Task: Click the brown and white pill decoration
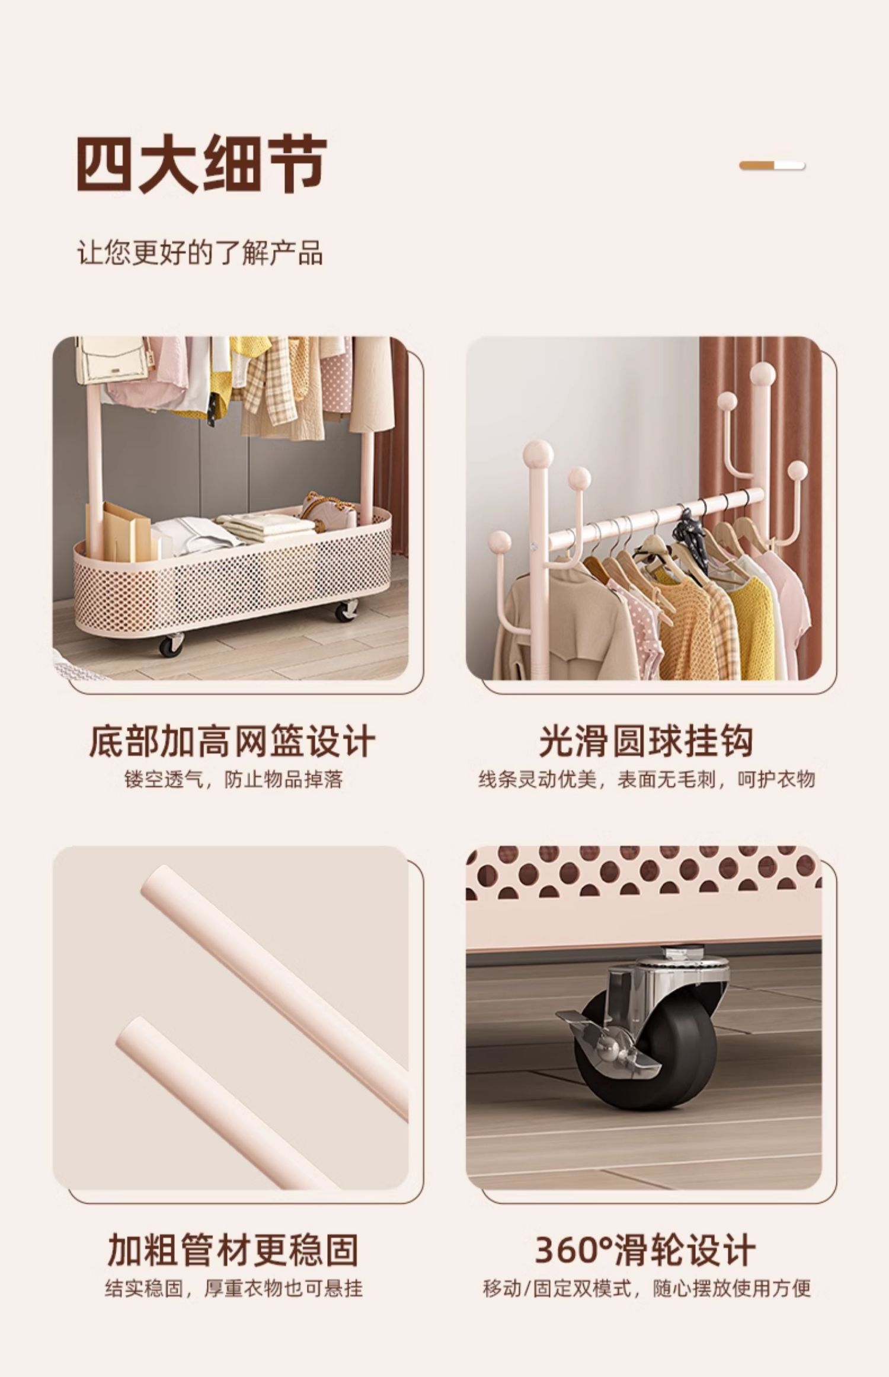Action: (x=772, y=165)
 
